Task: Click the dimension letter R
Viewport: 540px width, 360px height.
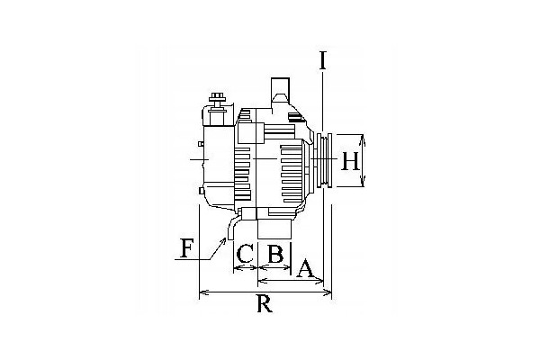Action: coord(265,304)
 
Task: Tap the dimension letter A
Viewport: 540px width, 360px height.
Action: coord(305,269)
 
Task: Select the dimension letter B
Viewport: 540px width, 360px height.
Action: coord(275,254)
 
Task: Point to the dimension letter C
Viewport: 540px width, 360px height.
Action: coord(245,254)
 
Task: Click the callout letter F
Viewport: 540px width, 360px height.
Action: coord(186,249)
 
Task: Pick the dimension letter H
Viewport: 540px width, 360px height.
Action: coord(350,161)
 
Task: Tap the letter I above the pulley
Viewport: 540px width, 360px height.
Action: coord(322,60)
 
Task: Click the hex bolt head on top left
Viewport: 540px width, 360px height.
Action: coord(217,95)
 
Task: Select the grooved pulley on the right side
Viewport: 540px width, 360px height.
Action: coord(324,160)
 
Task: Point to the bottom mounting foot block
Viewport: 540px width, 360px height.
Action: coord(274,229)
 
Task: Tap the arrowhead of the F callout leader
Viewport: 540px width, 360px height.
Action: coord(224,240)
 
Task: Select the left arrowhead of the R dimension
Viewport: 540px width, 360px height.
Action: coord(203,292)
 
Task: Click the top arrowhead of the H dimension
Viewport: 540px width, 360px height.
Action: coord(362,139)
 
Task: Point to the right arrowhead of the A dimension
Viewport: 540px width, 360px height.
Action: coord(319,281)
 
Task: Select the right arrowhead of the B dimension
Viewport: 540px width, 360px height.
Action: coord(288,268)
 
